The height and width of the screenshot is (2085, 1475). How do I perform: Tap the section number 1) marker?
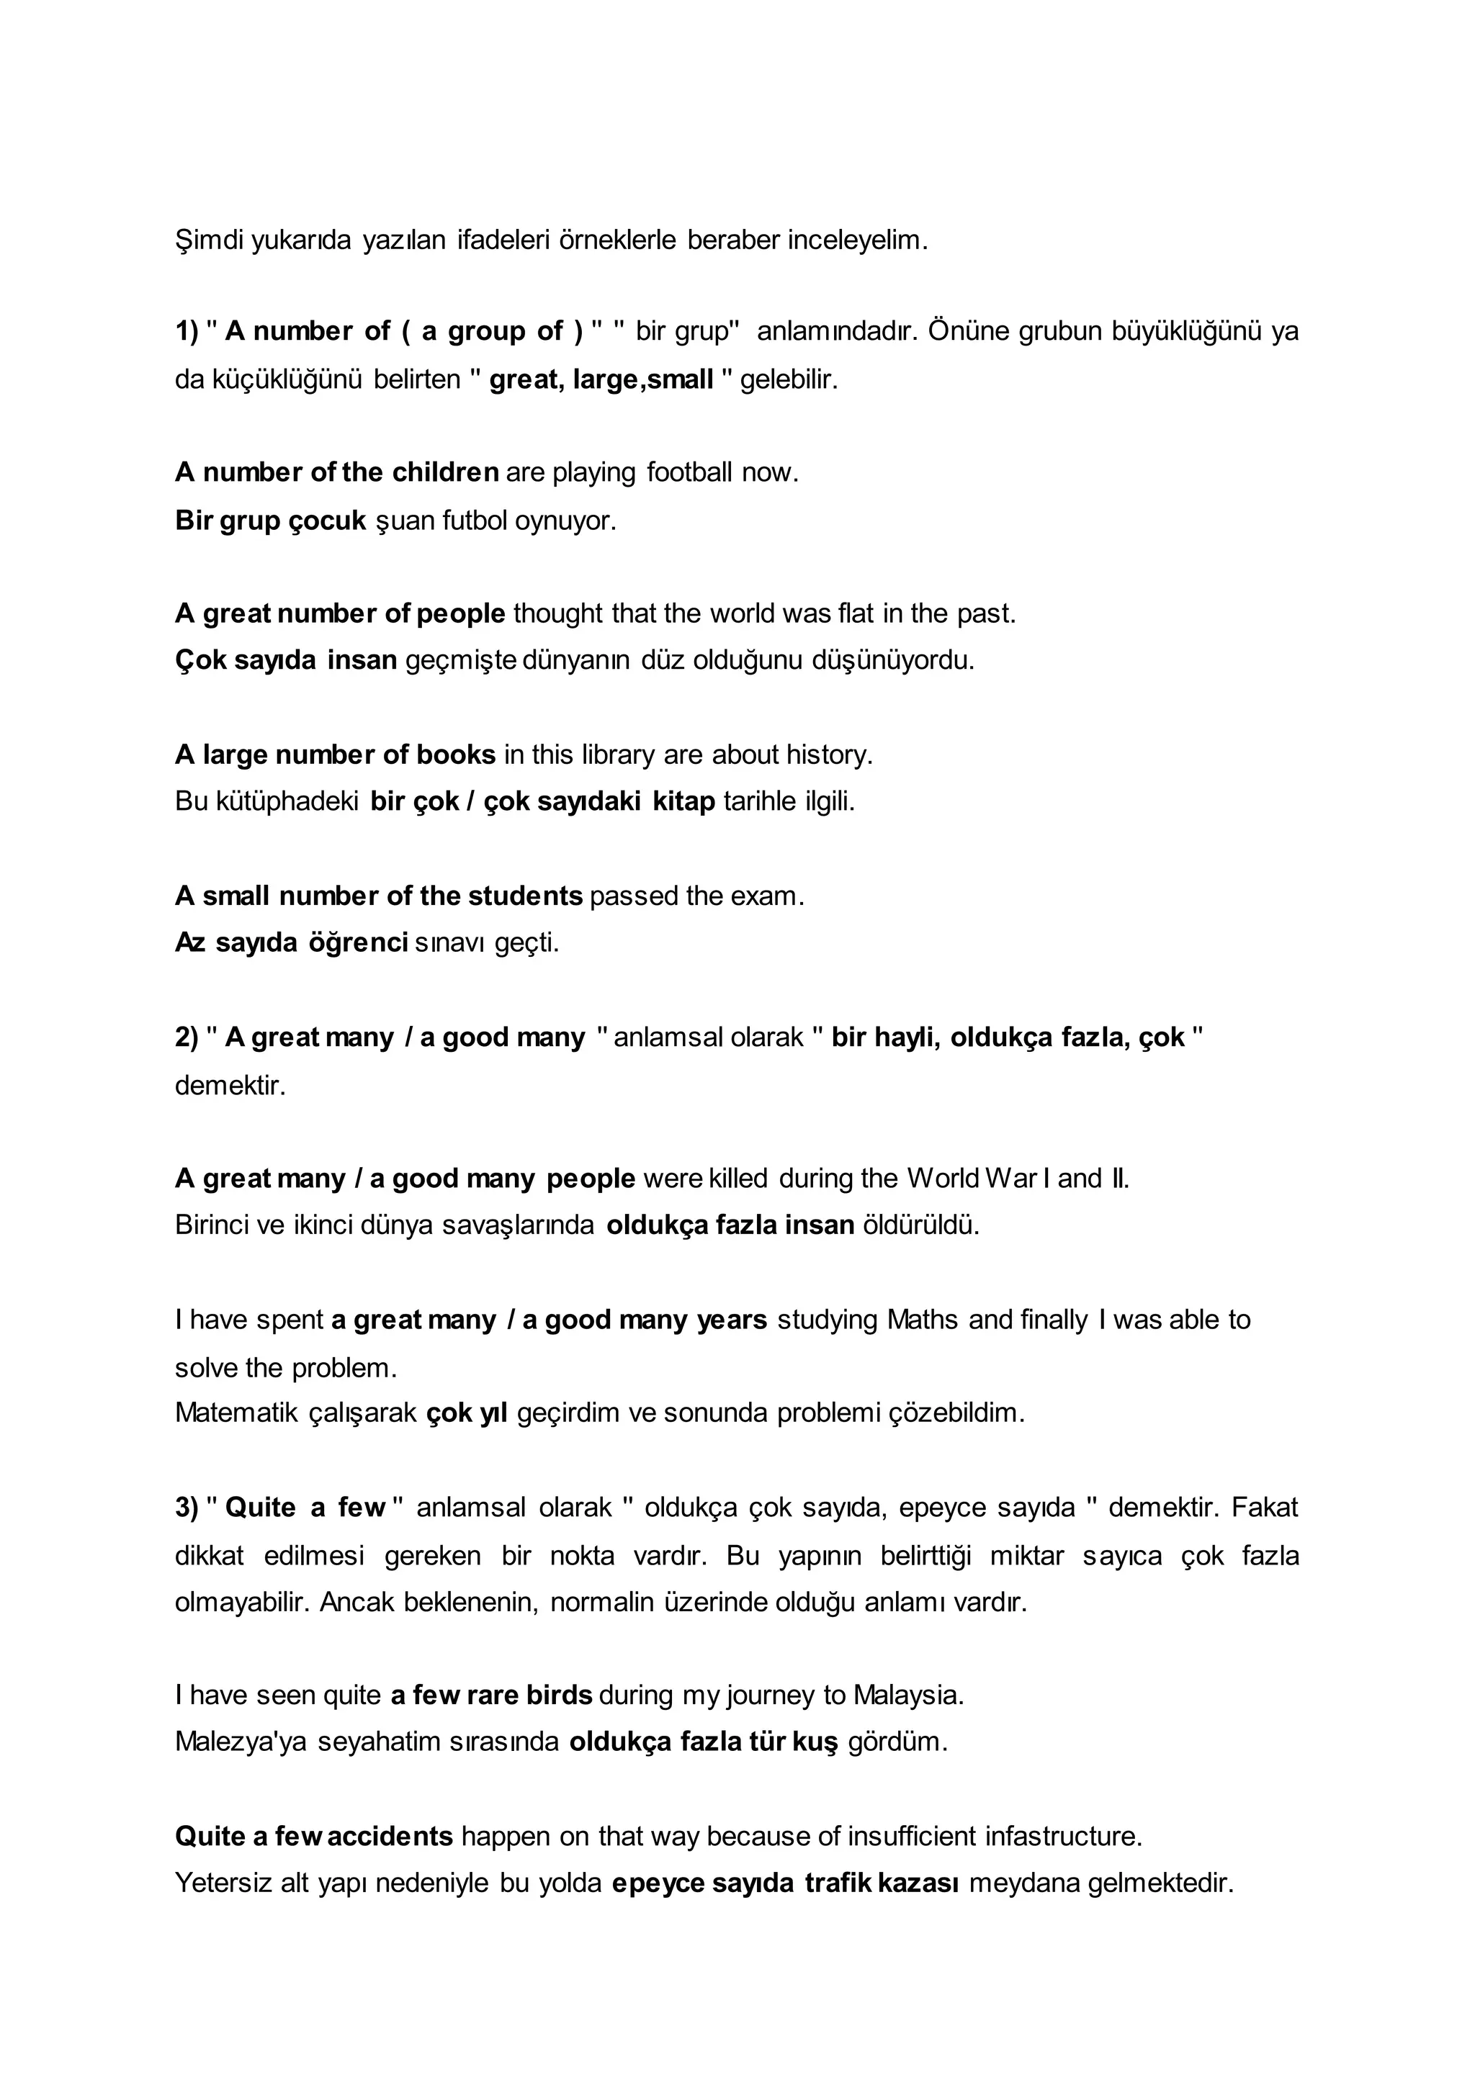[187, 331]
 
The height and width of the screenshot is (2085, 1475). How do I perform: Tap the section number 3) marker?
[187, 1508]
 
